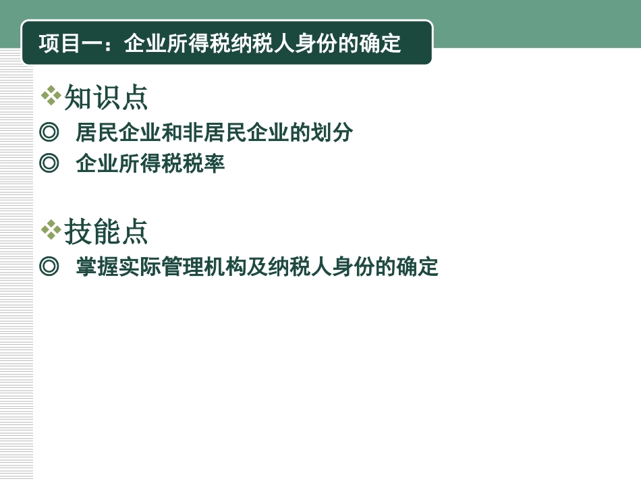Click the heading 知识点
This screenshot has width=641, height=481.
[x=106, y=98]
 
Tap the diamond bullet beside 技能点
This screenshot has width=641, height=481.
[x=51, y=230]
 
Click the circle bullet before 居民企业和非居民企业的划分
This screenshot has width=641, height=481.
[x=49, y=132]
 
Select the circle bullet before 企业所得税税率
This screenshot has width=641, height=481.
[x=49, y=163]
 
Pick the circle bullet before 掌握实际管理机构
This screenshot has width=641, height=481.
[x=49, y=266]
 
